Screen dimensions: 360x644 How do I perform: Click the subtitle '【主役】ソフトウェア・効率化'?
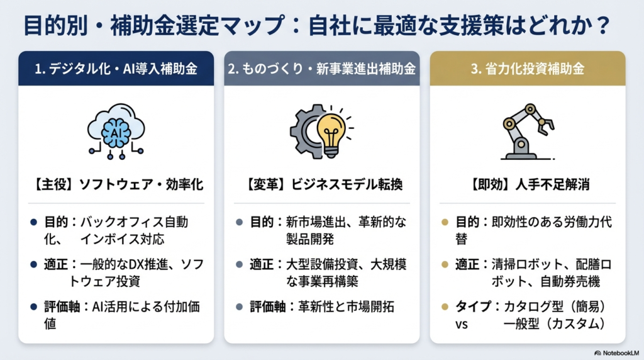116,186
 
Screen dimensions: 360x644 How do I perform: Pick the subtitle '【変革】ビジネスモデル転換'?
321,186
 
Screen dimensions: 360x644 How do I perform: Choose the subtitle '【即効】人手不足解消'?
527,186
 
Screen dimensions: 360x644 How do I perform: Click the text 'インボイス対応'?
113,239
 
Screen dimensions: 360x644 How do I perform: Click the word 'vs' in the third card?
462,325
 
